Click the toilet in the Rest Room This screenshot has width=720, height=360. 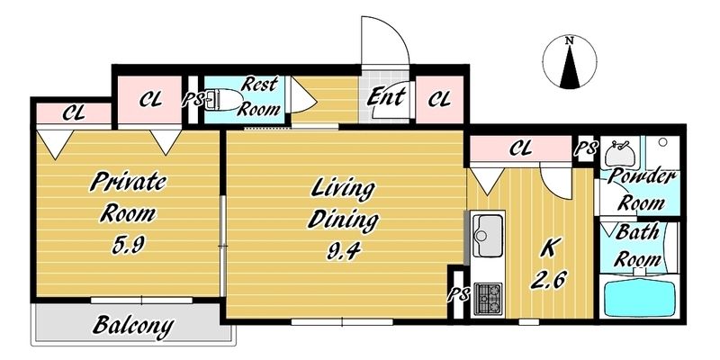222,100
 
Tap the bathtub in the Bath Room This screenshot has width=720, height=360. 639,298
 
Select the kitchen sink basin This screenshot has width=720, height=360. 488,235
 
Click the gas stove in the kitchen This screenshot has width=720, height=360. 488,299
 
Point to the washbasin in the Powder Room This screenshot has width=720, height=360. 619,153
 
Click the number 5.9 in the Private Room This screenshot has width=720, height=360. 129,245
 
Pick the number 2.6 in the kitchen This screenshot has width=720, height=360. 549,279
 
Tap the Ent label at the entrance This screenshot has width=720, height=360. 386,97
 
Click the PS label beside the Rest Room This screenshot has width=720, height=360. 193,100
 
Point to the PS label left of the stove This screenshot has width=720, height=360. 458,295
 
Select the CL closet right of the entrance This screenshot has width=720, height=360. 439,100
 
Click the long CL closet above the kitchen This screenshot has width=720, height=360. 521,148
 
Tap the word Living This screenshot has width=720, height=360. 343,189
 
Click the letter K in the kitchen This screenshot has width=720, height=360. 549,249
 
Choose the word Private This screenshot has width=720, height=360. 128,182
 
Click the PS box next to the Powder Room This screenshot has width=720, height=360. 587,148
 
